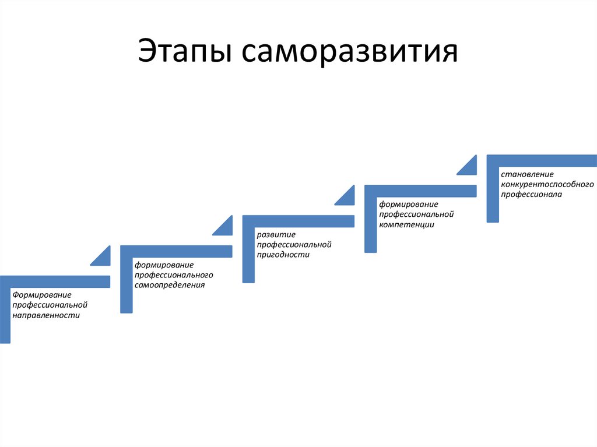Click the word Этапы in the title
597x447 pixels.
(182, 53)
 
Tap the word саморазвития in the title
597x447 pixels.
(347, 53)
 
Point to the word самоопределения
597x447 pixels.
(170, 285)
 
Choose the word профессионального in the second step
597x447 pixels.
(174, 274)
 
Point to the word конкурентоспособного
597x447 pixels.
(547, 184)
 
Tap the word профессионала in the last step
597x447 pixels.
(531, 195)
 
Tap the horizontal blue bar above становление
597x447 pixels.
(542, 160)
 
